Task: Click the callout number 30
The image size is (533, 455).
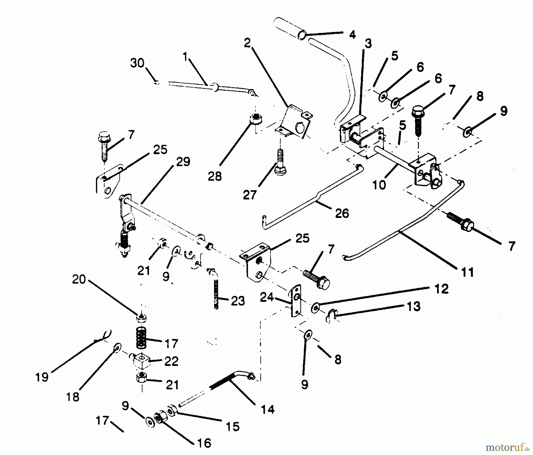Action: coord(137,63)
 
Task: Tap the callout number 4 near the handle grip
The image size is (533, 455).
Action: coord(352,35)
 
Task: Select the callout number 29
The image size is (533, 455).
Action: coord(183,162)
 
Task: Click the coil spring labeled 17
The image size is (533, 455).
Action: coord(141,338)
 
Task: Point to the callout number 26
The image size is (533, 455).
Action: coord(342,213)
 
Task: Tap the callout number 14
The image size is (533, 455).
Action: coord(268,409)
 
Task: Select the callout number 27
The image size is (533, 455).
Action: coord(249,195)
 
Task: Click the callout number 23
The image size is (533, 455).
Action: coord(238,301)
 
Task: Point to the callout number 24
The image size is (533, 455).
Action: coord(266,297)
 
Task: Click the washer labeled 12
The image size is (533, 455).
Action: coord(315,308)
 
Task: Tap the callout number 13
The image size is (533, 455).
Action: coord(414,306)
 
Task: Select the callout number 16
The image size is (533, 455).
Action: coord(204,443)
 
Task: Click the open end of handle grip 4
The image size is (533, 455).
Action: coord(301,36)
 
